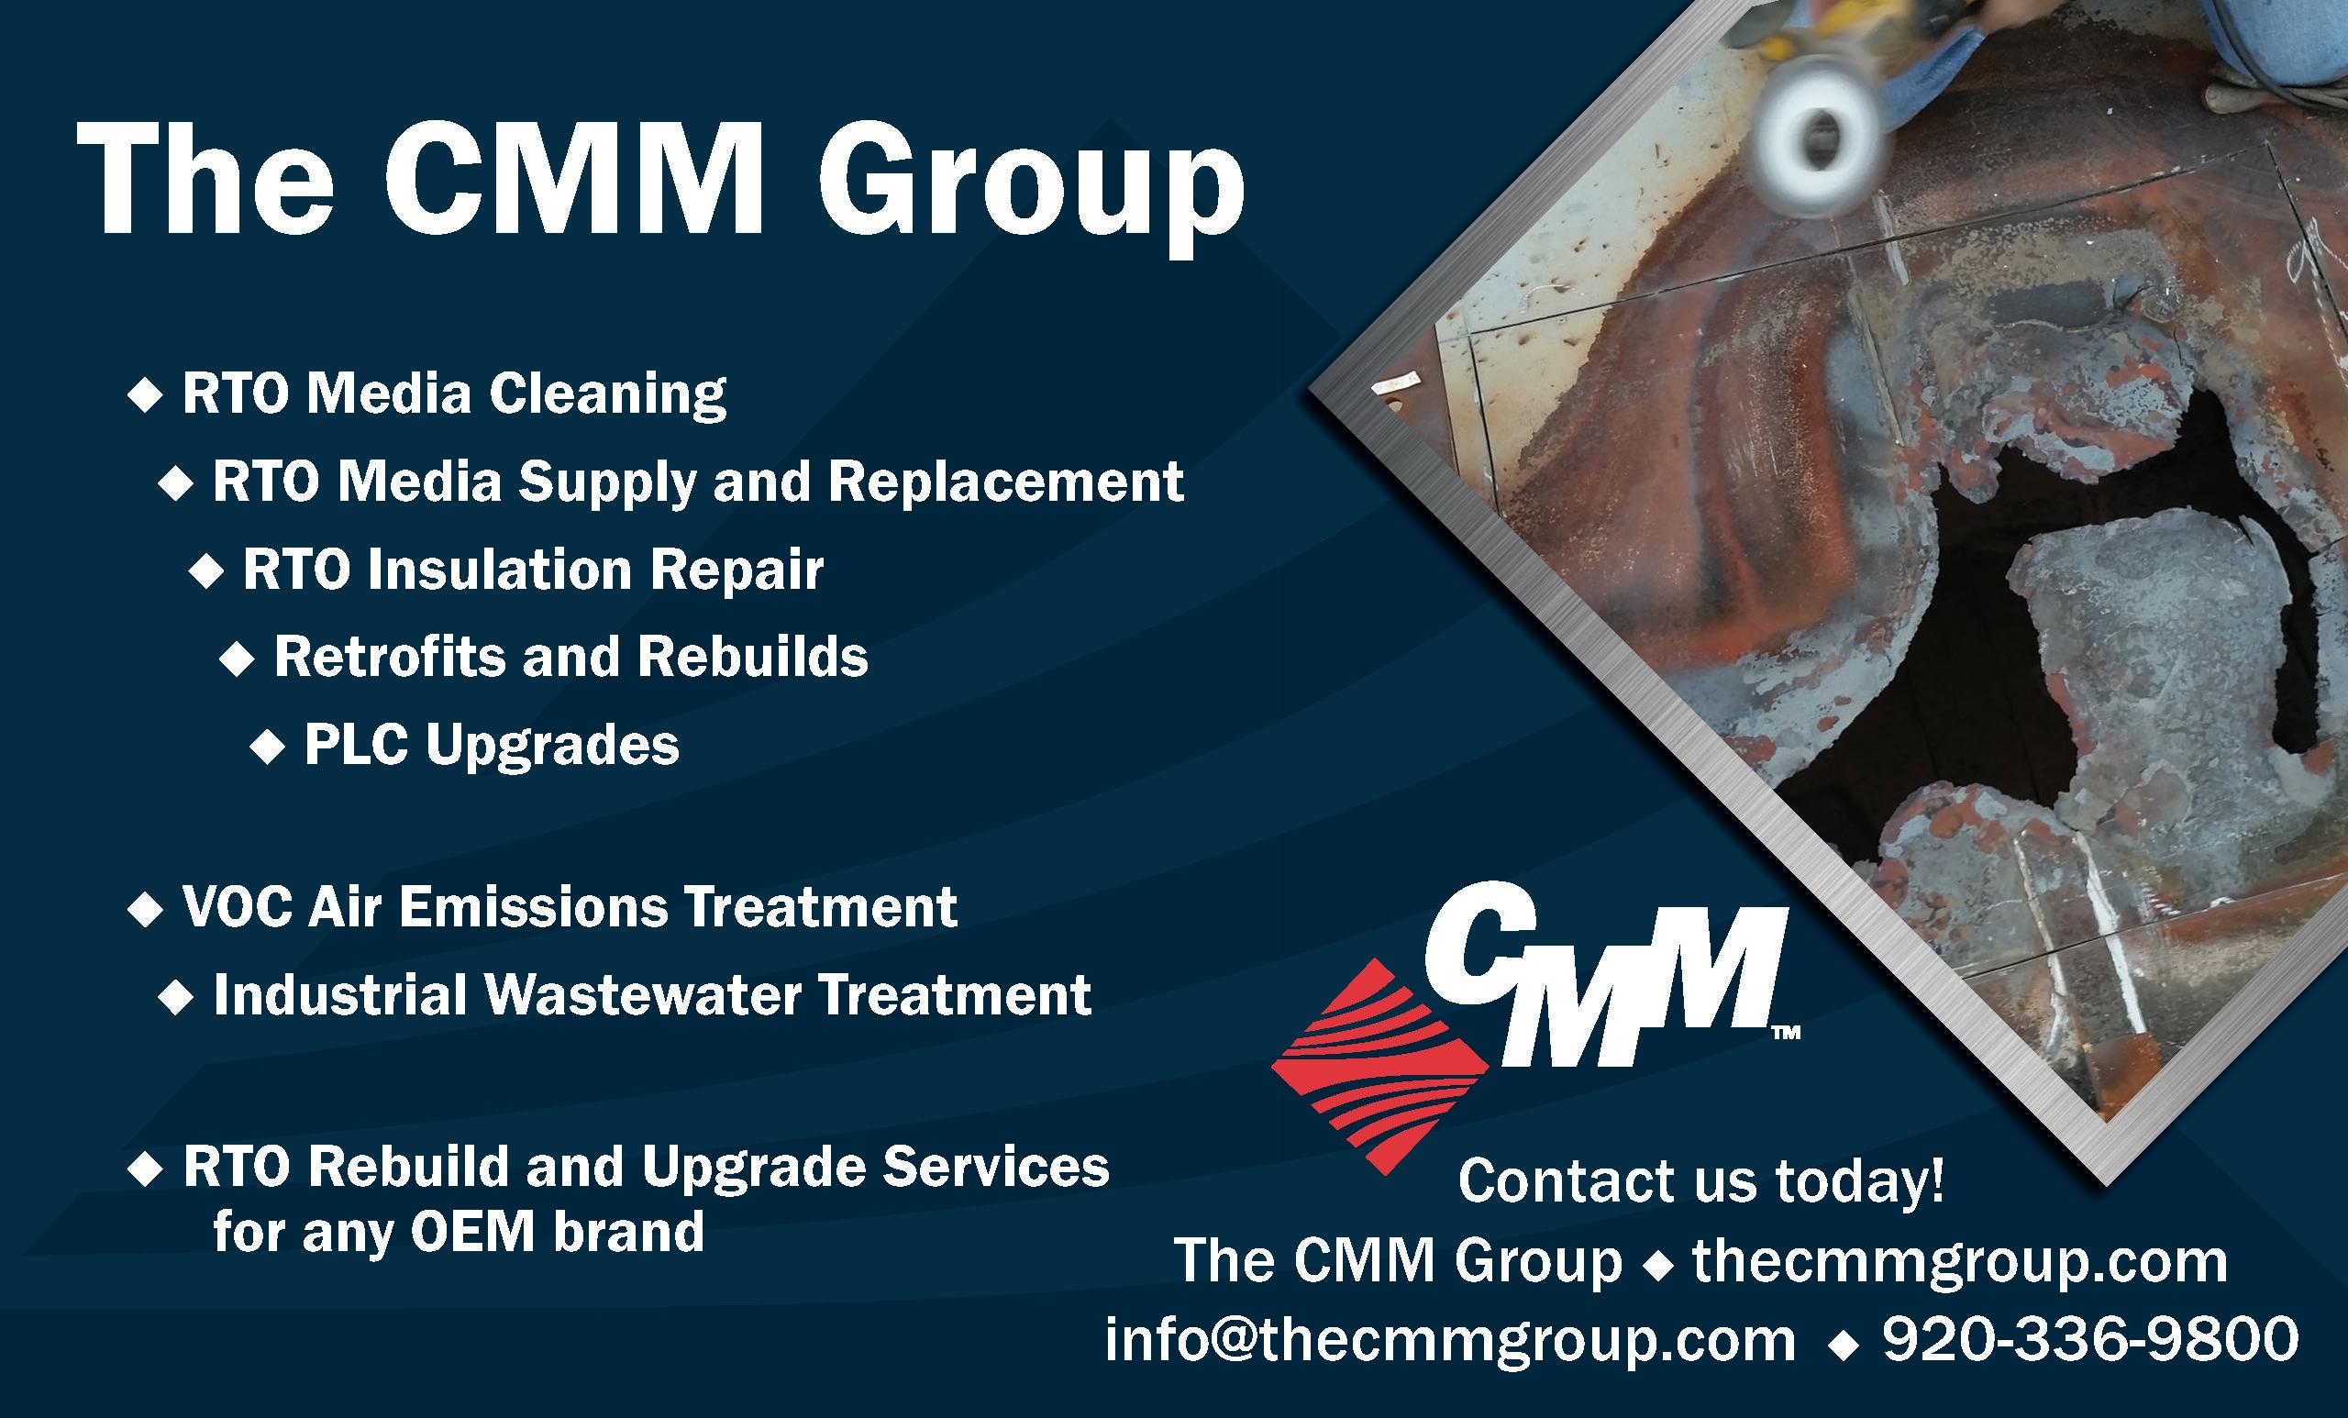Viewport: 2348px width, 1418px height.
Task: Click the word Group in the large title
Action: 1031,185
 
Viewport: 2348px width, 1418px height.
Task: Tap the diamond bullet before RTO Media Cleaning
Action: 145,394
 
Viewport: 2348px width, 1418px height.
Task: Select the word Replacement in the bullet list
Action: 1005,482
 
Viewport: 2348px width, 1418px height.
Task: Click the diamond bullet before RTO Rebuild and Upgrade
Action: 145,1169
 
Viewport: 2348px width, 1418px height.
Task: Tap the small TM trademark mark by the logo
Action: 1785,1032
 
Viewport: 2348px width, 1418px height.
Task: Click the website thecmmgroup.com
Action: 1960,1262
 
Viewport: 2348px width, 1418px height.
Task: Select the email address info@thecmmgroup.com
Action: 1449,1340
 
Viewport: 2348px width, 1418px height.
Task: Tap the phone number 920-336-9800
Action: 2089,1338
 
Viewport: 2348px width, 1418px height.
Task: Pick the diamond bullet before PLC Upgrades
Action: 268,748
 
